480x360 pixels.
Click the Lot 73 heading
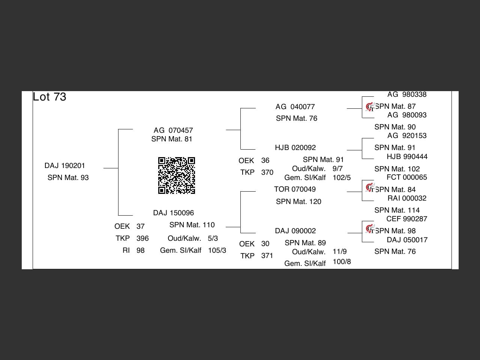pos(49,97)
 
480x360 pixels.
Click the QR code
pos(176,175)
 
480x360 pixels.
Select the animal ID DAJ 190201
pos(64,166)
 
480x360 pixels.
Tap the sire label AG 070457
pos(173,130)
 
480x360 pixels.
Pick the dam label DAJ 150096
pos(173,213)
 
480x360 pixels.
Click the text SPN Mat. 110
pos(192,225)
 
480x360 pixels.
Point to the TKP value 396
pos(142,238)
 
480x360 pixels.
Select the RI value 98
pos(141,250)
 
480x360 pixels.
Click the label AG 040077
pos(295,107)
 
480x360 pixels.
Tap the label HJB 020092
pos(295,148)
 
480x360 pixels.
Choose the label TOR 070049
pos(295,189)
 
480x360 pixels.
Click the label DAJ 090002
pos(295,231)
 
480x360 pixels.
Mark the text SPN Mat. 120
pos(298,202)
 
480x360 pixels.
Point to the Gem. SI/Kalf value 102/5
pos(342,178)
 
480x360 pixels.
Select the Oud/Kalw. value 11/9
pos(339,252)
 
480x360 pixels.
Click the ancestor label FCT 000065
pos(406,177)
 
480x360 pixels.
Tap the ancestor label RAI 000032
pos(406,198)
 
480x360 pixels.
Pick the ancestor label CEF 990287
pos(406,219)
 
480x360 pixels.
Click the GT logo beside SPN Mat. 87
pos(370,107)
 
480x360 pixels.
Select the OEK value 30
pos(265,244)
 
